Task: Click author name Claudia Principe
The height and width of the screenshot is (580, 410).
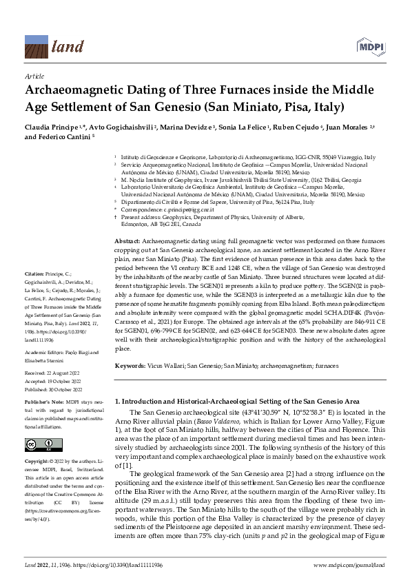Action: (x=49, y=129)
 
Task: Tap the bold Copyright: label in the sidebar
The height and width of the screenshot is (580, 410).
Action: (x=37, y=459)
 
